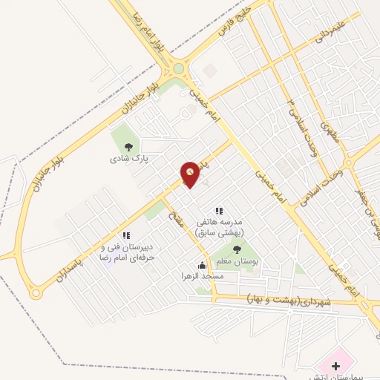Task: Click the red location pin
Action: click(x=190, y=174)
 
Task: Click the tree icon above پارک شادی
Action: click(x=128, y=147)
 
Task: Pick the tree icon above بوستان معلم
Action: click(x=237, y=249)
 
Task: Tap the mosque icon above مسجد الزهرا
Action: click(x=202, y=265)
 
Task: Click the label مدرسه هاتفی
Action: click(x=220, y=222)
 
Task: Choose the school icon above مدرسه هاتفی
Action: click(x=218, y=211)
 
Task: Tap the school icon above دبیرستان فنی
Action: click(x=126, y=235)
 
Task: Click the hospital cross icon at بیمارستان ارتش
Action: click(x=335, y=366)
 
